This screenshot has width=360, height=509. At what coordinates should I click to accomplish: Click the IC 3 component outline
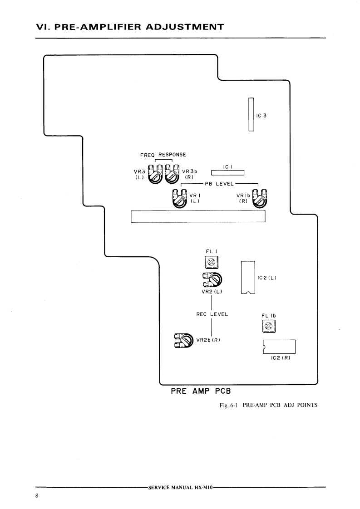[x=251, y=115]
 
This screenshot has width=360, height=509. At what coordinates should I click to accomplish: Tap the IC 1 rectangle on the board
[x=228, y=172]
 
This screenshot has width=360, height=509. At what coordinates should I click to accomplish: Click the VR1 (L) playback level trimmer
[x=179, y=199]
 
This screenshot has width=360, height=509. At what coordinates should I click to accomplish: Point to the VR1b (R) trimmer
[x=260, y=198]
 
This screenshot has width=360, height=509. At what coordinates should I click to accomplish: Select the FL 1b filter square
[x=268, y=326]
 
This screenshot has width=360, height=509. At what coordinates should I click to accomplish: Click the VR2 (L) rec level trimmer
[x=213, y=279]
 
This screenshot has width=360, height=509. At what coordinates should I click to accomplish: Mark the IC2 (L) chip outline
[x=248, y=278]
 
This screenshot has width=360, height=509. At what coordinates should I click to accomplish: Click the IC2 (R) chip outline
[x=279, y=347]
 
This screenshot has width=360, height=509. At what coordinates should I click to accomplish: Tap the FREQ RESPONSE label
[x=163, y=155]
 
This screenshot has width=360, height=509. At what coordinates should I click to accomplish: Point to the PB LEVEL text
[x=219, y=184]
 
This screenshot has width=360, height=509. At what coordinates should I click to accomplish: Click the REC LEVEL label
[x=212, y=313]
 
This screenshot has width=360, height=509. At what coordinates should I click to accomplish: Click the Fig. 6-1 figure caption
[x=268, y=406]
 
